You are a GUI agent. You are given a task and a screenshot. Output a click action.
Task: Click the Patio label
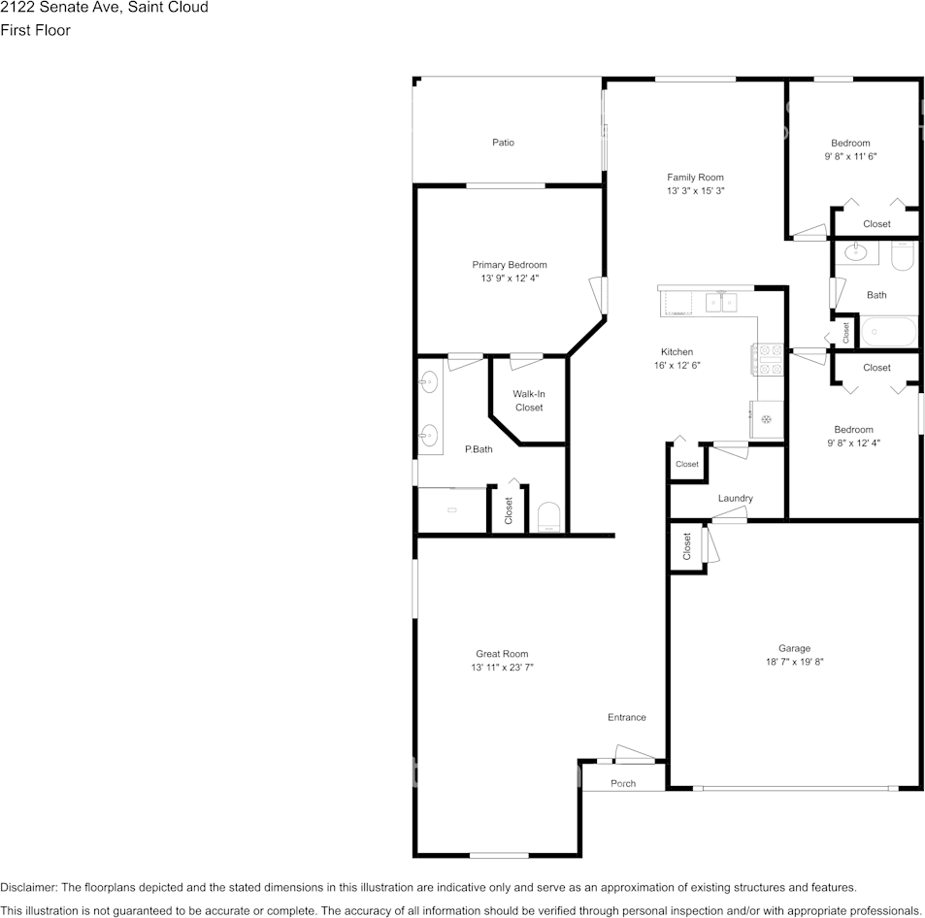point(503,143)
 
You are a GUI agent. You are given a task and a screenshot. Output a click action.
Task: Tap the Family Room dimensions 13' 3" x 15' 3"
point(696,190)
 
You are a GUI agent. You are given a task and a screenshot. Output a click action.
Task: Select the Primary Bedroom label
point(510,265)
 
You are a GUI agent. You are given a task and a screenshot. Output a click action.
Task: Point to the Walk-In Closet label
point(529,401)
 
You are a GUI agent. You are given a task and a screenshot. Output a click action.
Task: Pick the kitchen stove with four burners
point(767,359)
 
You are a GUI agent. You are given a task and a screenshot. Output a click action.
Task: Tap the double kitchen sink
point(721,303)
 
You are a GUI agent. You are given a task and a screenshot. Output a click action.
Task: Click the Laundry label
point(735,498)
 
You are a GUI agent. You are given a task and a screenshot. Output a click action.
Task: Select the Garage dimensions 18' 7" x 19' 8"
point(794,662)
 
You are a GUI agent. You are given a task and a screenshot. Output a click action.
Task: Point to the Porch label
point(623,783)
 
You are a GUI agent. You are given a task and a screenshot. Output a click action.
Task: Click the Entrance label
point(626,717)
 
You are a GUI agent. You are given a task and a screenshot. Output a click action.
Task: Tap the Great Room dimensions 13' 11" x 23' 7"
point(502,668)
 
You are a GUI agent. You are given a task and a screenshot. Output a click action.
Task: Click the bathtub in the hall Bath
point(889,332)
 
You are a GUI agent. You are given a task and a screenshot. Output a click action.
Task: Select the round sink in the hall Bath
point(855,252)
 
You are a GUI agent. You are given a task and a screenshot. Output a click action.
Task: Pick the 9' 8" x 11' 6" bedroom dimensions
point(850,156)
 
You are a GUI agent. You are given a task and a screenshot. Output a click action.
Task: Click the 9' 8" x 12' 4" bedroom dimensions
point(853,443)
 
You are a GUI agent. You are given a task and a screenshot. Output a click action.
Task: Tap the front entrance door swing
point(635,753)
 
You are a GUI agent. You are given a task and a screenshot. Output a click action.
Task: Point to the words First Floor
point(35,30)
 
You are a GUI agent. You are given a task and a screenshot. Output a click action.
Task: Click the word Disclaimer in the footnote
point(28,887)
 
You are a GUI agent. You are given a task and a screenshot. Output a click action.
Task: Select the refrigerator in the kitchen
point(767,419)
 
